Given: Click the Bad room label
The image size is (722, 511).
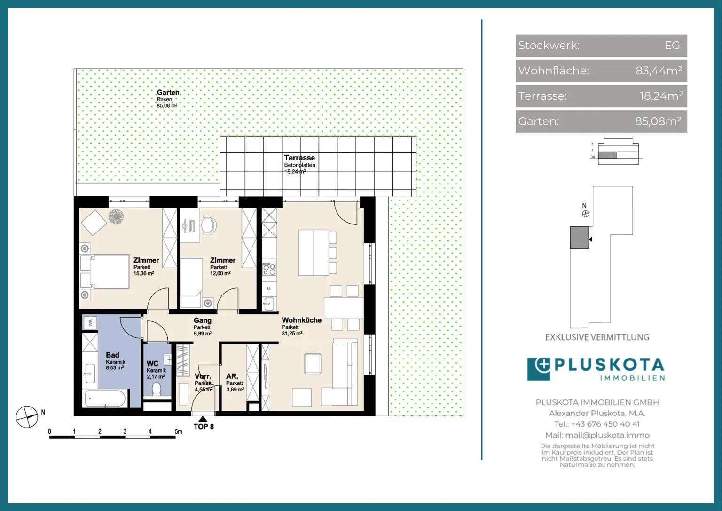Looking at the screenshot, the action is point(112,355).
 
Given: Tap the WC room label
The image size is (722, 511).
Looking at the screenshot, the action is point(152,364).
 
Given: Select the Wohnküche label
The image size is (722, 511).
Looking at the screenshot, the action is point(301,320).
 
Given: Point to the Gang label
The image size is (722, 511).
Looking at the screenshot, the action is point(203,320).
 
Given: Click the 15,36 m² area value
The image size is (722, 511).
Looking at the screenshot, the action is point(144,273).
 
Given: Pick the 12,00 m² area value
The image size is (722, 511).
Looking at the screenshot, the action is point(220,273).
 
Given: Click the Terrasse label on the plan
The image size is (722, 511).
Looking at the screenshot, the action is point(299,158).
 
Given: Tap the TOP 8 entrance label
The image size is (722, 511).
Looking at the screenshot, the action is point(204,427).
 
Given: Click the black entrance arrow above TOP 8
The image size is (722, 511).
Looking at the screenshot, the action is point(203,419).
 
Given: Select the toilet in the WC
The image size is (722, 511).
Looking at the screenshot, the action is point(157,389).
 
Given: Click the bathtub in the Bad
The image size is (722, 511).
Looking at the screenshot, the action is point(105,399).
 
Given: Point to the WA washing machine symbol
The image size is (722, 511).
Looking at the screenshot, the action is point(91,323).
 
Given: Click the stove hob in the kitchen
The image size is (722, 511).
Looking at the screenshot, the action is point(269,269).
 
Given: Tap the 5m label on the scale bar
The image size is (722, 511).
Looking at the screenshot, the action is point(179,431).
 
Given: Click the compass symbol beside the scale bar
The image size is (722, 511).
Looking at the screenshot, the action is point(27,417).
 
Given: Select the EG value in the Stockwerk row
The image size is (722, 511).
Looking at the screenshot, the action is point(672,46).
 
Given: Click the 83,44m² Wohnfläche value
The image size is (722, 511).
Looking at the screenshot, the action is point(659,71).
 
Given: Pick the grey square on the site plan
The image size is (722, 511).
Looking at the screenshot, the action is point(579,238).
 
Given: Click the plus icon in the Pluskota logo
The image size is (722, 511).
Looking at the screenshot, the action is point(543,365).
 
